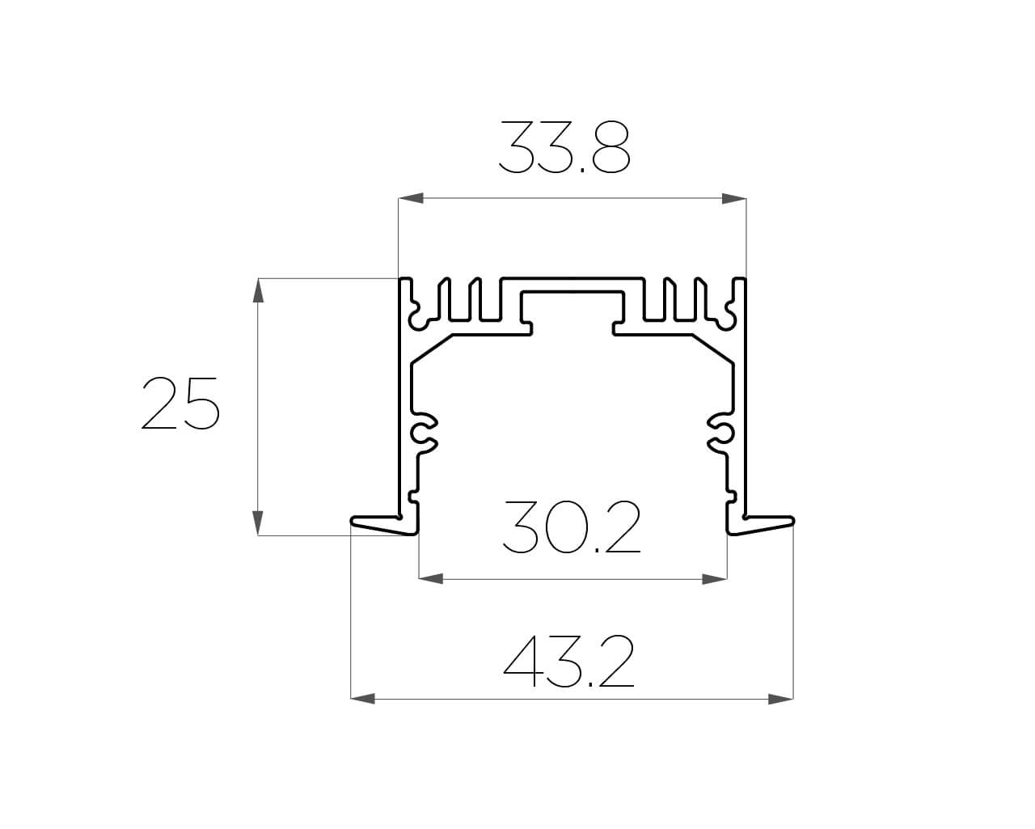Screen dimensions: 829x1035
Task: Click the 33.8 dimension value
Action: click(564, 148)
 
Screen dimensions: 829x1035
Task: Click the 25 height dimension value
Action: click(180, 403)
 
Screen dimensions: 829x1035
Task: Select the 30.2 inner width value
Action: click(571, 528)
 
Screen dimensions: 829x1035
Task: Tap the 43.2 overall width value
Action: click(569, 662)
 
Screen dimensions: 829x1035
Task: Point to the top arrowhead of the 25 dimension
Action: click(258, 290)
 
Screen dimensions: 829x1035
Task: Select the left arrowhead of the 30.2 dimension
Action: click(431, 579)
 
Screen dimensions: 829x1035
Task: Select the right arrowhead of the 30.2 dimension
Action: click(715, 579)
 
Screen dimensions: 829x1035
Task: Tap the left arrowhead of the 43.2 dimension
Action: click(363, 698)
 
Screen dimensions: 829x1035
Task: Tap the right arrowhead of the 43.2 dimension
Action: click(781, 698)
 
